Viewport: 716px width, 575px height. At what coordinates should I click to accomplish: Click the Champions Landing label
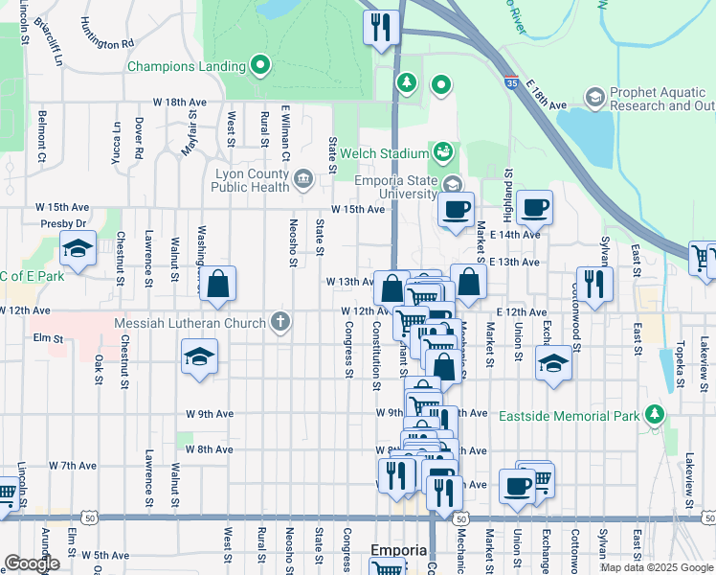(x=187, y=67)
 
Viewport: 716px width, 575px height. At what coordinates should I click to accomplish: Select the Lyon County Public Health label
(x=251, y=180)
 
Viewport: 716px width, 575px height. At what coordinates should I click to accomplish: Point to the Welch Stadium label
(x=392, y=153)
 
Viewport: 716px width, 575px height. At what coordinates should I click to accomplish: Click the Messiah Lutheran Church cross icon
(x=280, y=322)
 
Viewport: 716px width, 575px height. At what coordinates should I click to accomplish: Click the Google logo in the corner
(x=32, y=563)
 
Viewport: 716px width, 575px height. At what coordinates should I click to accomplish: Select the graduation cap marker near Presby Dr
(x=77, y=250)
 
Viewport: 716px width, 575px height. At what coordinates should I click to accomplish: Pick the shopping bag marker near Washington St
(x=219, y=285)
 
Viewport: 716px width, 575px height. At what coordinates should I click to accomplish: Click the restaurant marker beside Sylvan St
(x=595, y=285)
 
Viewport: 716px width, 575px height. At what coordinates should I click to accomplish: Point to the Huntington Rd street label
(x=107, y=44)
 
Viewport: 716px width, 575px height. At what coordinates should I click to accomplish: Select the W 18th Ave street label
(x=180, y=102)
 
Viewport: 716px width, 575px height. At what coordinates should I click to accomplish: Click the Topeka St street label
(x=679, y=368)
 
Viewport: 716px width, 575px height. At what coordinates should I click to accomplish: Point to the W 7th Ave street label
(x=72, y=466)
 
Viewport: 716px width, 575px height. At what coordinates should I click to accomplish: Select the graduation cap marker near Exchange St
(x=552, y=363)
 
